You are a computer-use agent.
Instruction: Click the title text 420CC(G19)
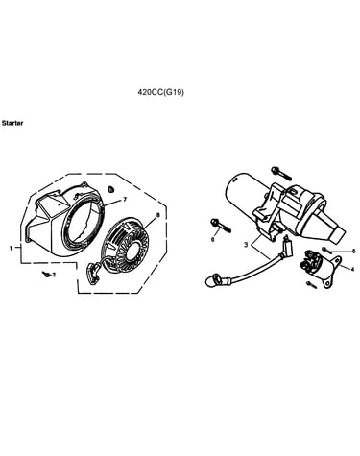(161, 92)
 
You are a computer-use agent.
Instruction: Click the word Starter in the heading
(12, 123)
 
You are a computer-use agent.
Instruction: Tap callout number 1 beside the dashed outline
(11, 248)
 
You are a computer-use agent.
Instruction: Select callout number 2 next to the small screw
(54, 275)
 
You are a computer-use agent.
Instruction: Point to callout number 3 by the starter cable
(246, 245)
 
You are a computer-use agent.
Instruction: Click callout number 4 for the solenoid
(352, 270)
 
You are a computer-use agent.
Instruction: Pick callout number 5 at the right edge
(353, 251)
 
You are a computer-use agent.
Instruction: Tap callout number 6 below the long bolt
(213, 239)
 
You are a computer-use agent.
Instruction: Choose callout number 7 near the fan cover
(125, 200)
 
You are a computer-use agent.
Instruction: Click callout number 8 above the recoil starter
(157, 216)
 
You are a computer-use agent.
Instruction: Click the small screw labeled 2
(46, 274)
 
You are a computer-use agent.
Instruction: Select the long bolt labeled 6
(220, 226)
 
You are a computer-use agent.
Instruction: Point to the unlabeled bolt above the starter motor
(280, 173)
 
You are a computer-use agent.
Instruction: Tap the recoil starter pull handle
(92, 272)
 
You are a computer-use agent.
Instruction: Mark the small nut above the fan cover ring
(111, 189)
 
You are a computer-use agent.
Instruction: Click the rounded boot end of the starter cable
(211, 280)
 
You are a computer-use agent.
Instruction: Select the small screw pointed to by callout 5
(324, 250)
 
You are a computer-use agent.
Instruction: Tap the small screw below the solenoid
(311, 284)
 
